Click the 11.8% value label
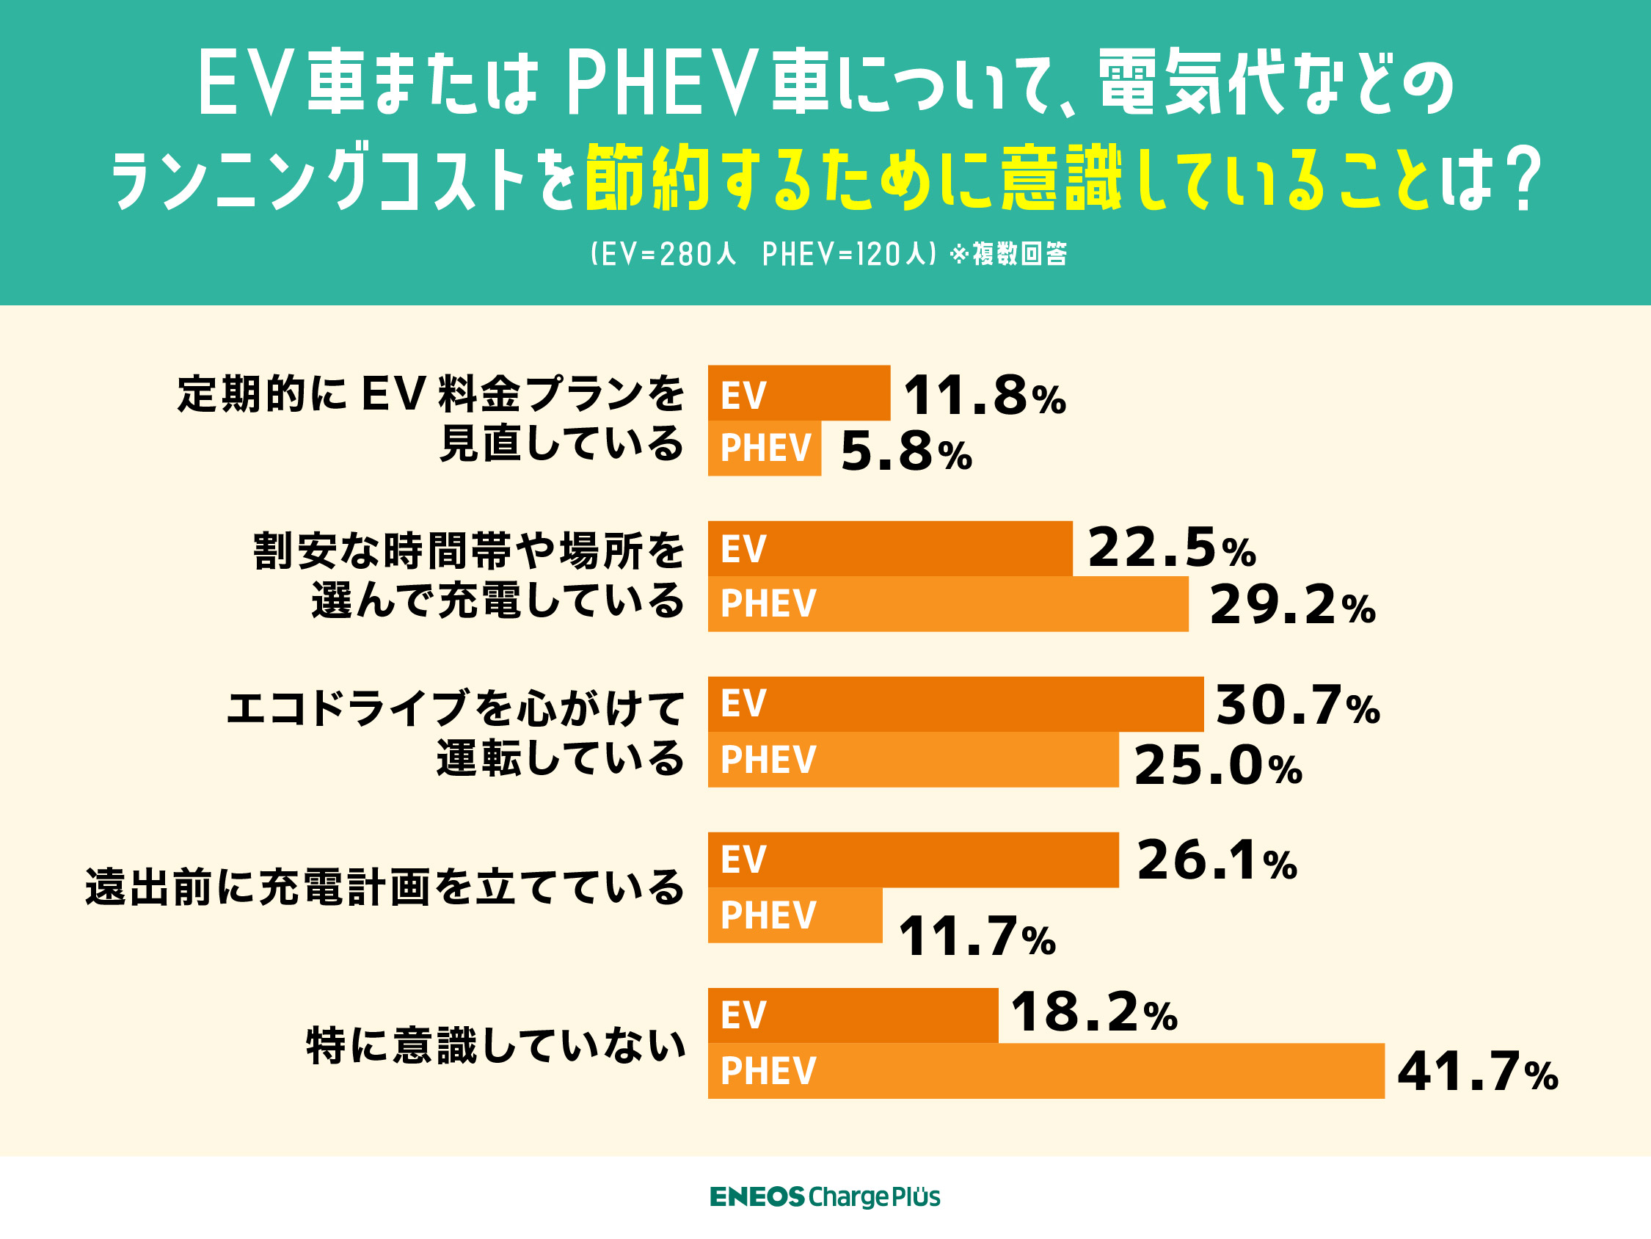[984, 395]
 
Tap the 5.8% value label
[905, 452]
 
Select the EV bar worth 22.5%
[889, 548]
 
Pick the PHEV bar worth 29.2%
[948, 603]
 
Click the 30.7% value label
[1297, 705]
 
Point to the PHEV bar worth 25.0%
[913, 760]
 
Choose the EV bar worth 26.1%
[913, 860]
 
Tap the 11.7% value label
[976, 937]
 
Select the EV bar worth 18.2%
[853, 1015]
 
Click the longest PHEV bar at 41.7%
[1046, 1070]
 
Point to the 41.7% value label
[1477, 1072]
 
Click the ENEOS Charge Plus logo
[825, 1196]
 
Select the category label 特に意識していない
[495, 1044]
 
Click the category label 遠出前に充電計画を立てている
[384, 888]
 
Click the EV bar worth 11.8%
[798, 393]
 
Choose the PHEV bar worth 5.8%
[765, 448]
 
